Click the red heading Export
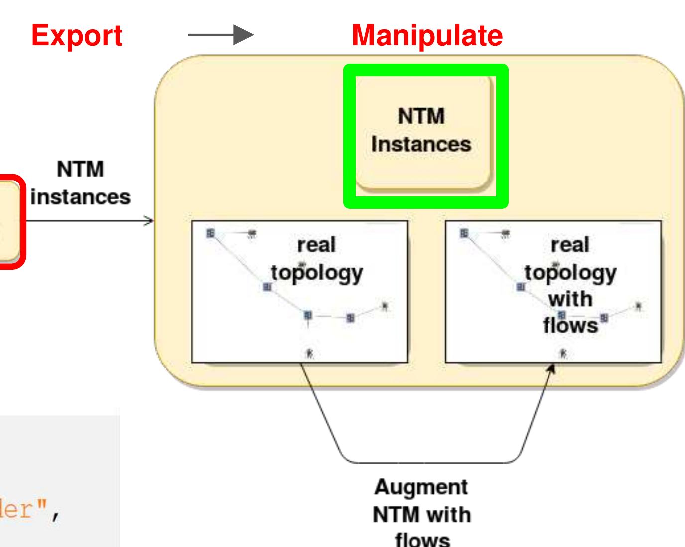click(x=76, y=35)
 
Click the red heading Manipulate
click(x=427, y=35)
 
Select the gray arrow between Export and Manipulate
click(x=221, y=35)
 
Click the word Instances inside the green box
click(x=421, y=144)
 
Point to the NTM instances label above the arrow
click(x=80, y=183)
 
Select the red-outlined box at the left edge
click(x=10, y=222)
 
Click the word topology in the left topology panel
click(x=317, y=273)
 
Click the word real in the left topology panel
click(x=317, y=245)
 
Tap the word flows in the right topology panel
click(x=570, y=326)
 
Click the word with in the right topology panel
click(x=570, y=299)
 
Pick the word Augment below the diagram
click(x=421, y=487)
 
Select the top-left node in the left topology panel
click(x=211, y=233)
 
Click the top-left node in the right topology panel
click(x=464, y=233)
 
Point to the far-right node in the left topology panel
click(x=384, y=306)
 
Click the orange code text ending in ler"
click(x=30, y=510)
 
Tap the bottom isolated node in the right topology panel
click(x=563, y=353)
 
